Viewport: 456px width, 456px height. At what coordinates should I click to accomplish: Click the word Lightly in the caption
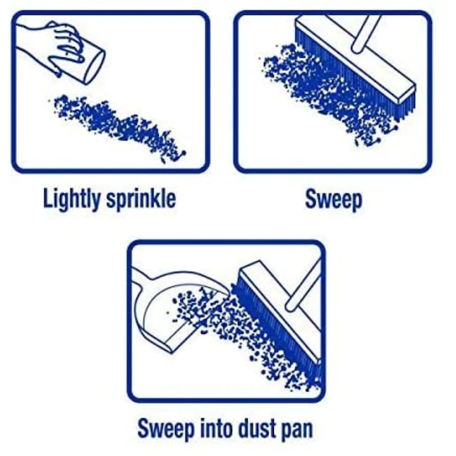(x=72, y=199)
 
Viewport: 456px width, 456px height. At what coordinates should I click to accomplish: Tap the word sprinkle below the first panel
(x=141, y=200)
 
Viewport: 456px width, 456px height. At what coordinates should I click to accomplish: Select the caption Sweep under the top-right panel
(x=334, y=200)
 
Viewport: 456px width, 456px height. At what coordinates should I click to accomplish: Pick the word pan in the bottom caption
(x=298, y=431)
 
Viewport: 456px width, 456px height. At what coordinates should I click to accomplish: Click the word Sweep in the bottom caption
(x=166, y=428)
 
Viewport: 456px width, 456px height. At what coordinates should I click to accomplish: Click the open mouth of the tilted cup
(x=95, y=68)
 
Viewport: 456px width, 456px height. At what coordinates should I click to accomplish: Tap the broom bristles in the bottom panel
(x=276, y=335)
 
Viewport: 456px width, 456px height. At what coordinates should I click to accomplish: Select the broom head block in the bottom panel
(x=281, y=308)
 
